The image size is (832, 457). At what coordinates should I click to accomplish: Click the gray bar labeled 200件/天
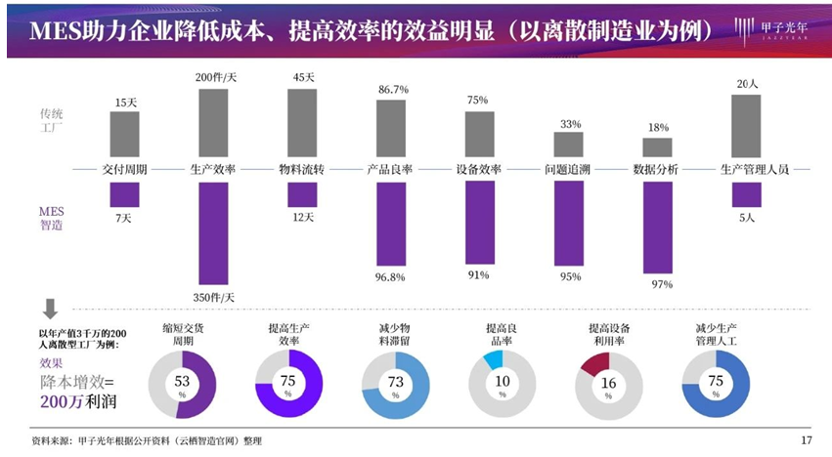214,123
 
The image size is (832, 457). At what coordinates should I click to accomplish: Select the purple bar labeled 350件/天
214,232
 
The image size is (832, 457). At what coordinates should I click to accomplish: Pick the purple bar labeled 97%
657,227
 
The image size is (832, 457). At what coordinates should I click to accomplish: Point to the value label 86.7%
392,90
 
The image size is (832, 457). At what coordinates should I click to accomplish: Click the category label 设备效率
479,169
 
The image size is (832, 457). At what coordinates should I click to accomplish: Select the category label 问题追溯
568,169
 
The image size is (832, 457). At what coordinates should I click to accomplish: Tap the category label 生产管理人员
753,169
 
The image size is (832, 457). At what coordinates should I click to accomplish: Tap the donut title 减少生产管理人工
715,336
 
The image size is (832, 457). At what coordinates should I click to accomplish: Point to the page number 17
807,440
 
